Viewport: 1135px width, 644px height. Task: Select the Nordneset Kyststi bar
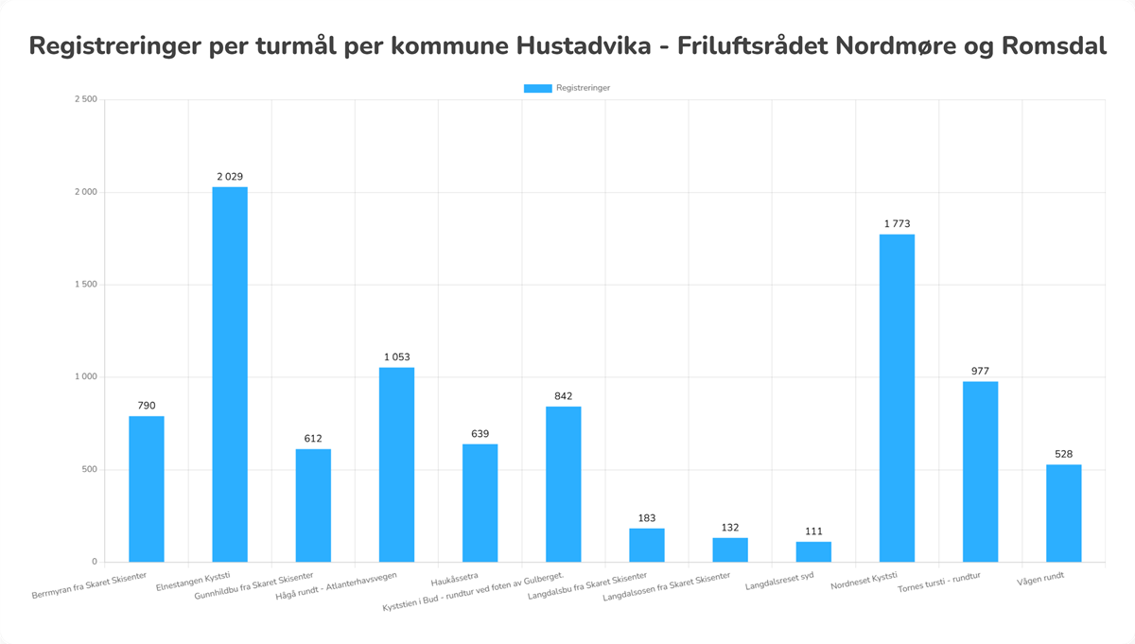(897, 398)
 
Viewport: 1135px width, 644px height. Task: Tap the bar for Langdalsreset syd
(813, 551)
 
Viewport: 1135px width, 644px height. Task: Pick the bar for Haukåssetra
(480, 503)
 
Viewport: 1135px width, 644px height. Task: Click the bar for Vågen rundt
(1063, 513)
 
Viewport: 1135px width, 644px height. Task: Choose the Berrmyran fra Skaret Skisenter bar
(147, 489)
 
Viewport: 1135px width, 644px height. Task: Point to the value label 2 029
(230, 177)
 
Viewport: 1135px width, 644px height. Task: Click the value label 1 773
(897, 224)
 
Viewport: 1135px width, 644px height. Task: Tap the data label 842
(563, 396)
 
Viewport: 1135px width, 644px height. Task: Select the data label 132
(730, 528)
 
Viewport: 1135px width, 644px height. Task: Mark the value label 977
(980, 372)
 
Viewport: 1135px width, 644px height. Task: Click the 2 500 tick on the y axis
(86, 100)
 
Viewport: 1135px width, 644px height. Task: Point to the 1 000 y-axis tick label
(86, 377)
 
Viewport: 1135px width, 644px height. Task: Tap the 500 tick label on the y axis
(90, 470)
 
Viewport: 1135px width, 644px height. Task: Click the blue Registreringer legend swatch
(537, 88)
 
